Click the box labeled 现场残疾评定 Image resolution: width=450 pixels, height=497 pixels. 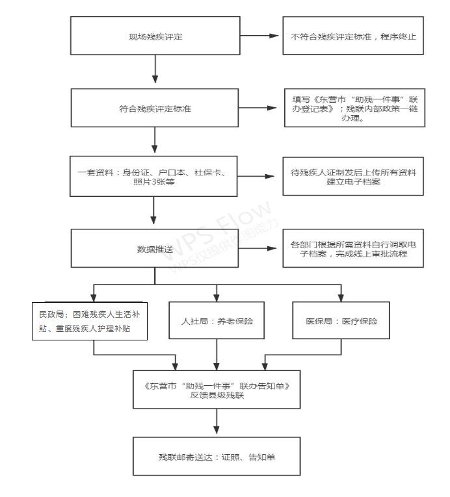tap(155, 35)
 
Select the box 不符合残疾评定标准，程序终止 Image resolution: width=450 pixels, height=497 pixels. tap(353, 35)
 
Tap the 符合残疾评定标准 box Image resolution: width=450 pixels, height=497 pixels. tap(155, 107)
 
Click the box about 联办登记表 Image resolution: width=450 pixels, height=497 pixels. tap(353, 108)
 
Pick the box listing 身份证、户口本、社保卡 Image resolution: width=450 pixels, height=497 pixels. tap(155, 177)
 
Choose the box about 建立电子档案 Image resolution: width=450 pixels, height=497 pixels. tap(353, 177)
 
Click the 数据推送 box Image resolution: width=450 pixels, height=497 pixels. tap(155, 249)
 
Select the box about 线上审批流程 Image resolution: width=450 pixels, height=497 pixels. tap(353, 249)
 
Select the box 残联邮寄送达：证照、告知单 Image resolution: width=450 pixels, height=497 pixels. tap(217, 456)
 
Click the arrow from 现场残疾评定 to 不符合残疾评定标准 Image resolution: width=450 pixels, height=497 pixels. tap(260, 35)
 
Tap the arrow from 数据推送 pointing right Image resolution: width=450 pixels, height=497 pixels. tap(260, 249)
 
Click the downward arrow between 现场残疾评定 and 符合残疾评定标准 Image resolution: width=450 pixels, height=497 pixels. tap(155, 70)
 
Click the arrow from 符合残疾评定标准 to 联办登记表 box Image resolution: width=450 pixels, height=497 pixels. tap(260, 107)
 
